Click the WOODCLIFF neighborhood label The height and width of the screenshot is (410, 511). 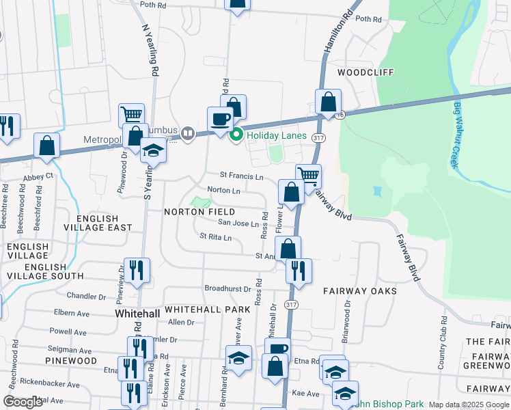click(x=363, y=71)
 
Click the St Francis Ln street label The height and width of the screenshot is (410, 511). click(x=241, y=176)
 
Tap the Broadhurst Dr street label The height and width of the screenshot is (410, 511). click(x=227, y=289)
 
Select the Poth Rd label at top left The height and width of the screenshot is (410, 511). click(x=153, y=4)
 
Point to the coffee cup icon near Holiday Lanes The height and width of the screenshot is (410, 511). click(x=220, y=119)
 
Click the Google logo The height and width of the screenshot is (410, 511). click(x=23, y=402)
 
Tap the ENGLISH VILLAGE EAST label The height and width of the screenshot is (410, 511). click(x=104, y=223)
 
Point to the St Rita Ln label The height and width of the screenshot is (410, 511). click(x=215, y=237)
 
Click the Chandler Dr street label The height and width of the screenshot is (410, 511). click(x=86, y=296)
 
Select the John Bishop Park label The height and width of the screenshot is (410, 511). click(x=389, y=405)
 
